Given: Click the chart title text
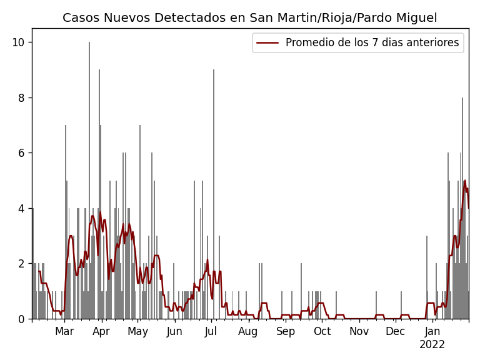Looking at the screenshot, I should pyautogui.click(x=249, y=18).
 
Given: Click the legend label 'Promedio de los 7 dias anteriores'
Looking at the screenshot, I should pyautogui.click(x=372, y=43).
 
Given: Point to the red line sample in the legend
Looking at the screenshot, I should pyautogui.click(x=267, y=43).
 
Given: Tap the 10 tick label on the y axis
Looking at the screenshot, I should pyautogui.click(x=19, y=42).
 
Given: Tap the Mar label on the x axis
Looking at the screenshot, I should pyautogui.click(x=64, y=332).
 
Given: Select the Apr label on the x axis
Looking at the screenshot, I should pyautogui.click(x=101, y=332).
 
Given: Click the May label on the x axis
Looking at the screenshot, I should pyautogui.click(x=137, y=332).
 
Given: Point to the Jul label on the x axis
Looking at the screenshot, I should pyautogui.click(x=211, y=332).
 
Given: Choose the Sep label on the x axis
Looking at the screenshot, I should pyautogui.click(x=285, y=332).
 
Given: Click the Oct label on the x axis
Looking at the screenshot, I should pyautogui.click(x=322, y=332).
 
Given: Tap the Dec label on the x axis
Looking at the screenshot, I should pyautogui.click(x=395, y=332).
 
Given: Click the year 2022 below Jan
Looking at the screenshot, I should pyautogui.click(x=432, y=345).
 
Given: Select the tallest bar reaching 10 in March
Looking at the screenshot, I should pyautogui.click(x=89, y=181).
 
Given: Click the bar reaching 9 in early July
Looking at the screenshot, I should pyautogui.click(x=213, y=194).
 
